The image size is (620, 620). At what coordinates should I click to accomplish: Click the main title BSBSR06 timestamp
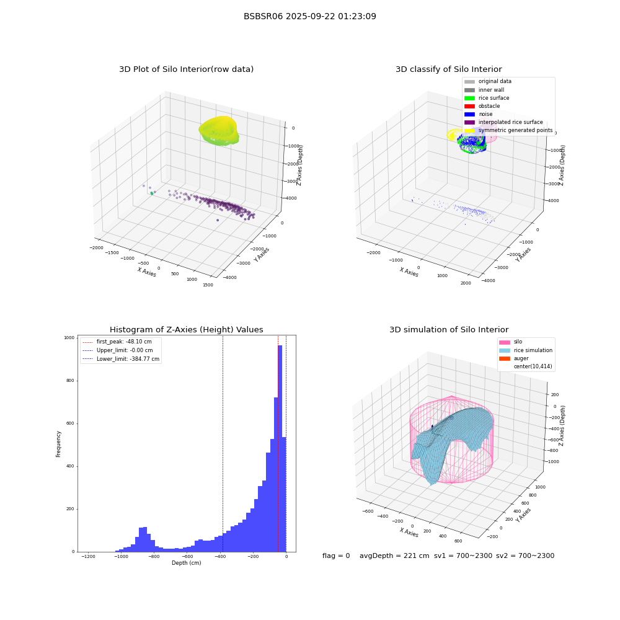tap(309, 16)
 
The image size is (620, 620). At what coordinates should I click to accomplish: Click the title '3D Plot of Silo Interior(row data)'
tap(186, 69)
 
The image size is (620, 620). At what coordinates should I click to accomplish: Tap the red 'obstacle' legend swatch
tap(469, 106)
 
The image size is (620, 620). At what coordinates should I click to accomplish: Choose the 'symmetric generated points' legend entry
tap(508, 130)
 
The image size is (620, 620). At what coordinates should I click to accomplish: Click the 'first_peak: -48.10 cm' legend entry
tap(117, 342)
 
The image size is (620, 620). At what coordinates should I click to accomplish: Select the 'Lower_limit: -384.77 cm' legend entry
tap(121, 359)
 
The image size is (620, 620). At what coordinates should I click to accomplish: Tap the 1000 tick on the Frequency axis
tap(69, 338)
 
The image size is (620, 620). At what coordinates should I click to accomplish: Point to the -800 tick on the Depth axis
tap(154, 556)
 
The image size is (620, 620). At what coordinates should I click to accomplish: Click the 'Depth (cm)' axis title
tap(186, 563)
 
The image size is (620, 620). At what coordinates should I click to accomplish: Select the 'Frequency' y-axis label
tap(58, 444)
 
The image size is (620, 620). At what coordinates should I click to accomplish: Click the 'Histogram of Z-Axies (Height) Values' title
tap(186, 330)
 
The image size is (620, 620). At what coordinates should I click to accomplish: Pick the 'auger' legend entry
tap(514, 358)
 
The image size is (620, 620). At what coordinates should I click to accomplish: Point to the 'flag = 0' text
tap(336, 556)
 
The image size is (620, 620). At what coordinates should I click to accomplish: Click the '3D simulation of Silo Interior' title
tap(449, 330)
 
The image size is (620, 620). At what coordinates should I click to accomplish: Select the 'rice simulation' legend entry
tap(526, 350)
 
